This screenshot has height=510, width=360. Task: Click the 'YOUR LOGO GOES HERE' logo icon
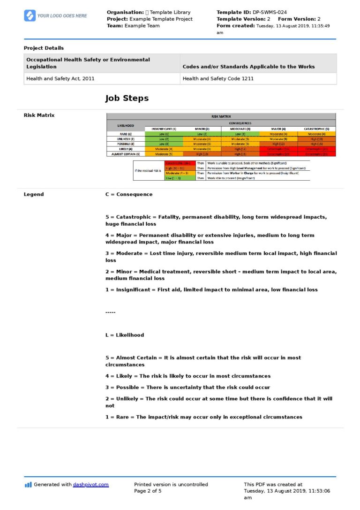click(30, 15)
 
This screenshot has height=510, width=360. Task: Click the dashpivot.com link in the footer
click(90, 485)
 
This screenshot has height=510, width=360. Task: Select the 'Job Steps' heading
click(127, 98)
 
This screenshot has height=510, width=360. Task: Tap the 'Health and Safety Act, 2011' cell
click(60, 78)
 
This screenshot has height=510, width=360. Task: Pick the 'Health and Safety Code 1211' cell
click(218, 78)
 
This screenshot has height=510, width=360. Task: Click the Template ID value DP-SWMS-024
click(270, 12)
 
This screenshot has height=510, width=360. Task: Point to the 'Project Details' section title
click(44, 48)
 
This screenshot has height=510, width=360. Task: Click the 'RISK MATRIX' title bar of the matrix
click(221, 116)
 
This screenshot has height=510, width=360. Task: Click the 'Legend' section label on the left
click(34, 194)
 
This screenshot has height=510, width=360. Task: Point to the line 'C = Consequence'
click(129, 194)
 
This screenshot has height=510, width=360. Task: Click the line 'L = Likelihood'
click(125, 335)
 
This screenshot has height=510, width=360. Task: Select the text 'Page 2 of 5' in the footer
click(148, 491)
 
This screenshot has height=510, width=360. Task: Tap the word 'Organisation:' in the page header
click(125, 12)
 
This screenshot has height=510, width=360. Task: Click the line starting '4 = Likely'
click(187, 376)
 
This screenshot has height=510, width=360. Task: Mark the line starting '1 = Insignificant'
click(211, 289)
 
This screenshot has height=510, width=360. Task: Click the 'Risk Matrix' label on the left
click(39, 115)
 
